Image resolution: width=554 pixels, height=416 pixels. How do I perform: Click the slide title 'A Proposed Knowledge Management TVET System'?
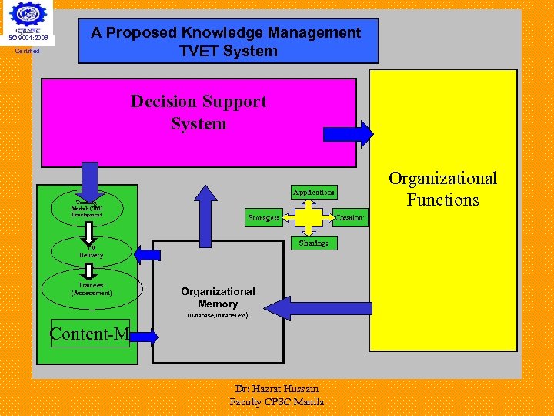pyautogui.click(x=225, y=42)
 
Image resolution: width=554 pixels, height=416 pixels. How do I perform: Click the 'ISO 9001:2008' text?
pyautogui.click(x=28, y=38)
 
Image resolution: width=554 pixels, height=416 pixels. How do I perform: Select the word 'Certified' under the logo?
pyautogui.click(x=27, y=52)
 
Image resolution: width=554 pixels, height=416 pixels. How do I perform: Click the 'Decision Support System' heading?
pyautogui.click(x=199, y=112)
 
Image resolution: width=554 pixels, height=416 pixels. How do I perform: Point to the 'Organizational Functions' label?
pyautogui.click(x=442, y=190)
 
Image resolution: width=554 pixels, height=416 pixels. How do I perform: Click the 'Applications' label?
pyautogui.click(x=314, y=192)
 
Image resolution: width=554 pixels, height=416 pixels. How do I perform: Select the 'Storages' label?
pyautogui.click(x=263, y=218)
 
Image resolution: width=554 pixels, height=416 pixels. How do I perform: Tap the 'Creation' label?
pyautogui.click(x=349, y=218)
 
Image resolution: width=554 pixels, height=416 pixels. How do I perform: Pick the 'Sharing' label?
pyautogui.click(x=314, y=243)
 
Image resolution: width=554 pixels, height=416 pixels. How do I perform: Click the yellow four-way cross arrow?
pyautogui.click(x=309, y=216)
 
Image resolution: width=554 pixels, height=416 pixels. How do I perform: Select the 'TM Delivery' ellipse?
pyautogui.click(x=91, y=251)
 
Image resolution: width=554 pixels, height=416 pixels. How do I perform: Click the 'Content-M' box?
pyautogui.click(x=89, y=334)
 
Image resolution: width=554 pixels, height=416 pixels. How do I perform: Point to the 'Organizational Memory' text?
pyautogui.click(x=218, y=298)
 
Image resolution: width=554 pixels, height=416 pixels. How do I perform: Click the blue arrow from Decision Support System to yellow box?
pyautogui.click(x=348, y=134)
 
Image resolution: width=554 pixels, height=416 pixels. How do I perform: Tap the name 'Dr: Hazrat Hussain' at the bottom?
pyautogui.click(x=277, y=389)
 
